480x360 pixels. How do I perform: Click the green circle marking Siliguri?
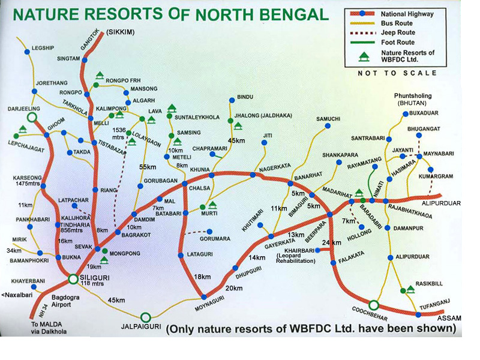(73, 278)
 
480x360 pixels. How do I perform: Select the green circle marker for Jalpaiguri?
(145, 317)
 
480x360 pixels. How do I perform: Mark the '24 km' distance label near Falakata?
(332, 242)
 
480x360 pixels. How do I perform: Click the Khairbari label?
(294, 254)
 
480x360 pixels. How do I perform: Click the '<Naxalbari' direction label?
(19, 295)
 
